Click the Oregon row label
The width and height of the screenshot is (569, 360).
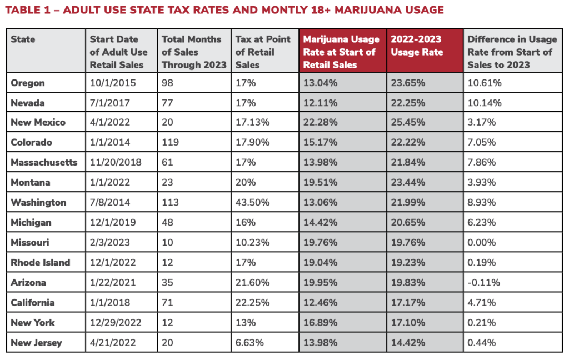(28, 83)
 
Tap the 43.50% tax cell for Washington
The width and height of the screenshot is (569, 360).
(252, 203)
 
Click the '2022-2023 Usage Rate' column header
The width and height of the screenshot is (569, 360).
(417, 46)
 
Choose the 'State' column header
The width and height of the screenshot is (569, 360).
(23, 39)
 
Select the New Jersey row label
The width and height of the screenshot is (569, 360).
(37, 343)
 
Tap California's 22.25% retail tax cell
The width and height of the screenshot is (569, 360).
(252, 303)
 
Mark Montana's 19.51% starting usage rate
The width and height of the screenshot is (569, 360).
(320, 183)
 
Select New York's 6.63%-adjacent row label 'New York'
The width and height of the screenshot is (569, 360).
(33, 323)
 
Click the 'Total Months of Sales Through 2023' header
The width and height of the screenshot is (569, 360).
(193, 52)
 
